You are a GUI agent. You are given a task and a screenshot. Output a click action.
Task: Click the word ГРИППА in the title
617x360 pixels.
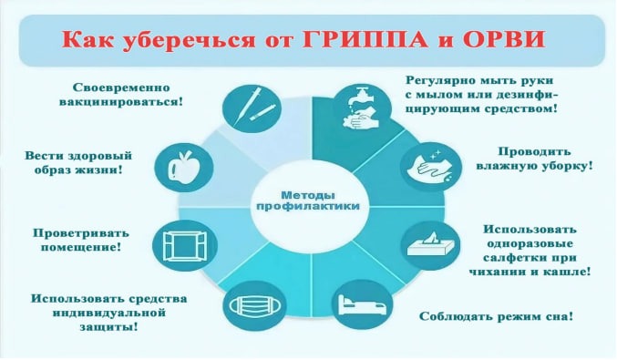coord(365,39)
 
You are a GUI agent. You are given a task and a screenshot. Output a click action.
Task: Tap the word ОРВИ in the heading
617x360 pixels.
coord(504,39)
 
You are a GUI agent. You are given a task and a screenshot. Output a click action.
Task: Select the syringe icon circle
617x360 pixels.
coord(252,108)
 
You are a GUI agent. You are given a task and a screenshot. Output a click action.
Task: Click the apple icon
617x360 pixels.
coord(184,168)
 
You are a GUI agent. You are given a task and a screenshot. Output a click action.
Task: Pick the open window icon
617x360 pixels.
coord(185,246)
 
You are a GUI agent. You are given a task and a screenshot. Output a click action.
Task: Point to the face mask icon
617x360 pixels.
coord(254,305)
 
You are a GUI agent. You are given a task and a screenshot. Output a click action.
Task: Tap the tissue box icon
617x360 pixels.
coord(430,245)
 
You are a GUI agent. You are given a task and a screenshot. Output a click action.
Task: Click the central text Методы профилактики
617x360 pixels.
coord(308,201)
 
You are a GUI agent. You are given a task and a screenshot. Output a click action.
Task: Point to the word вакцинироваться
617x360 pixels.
coord(121,102)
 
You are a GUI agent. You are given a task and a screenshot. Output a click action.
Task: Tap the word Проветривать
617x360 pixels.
coord(81,233)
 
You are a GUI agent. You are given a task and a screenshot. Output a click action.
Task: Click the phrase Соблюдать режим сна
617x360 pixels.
coord(496,316)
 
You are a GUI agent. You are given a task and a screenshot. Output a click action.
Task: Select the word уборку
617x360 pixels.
coord(566,166)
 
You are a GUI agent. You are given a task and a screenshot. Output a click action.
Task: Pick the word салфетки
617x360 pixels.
coord(515,258)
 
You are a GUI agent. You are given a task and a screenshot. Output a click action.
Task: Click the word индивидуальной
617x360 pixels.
coord(108,314)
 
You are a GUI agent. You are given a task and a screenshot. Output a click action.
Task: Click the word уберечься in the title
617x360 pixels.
coord(189,40)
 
